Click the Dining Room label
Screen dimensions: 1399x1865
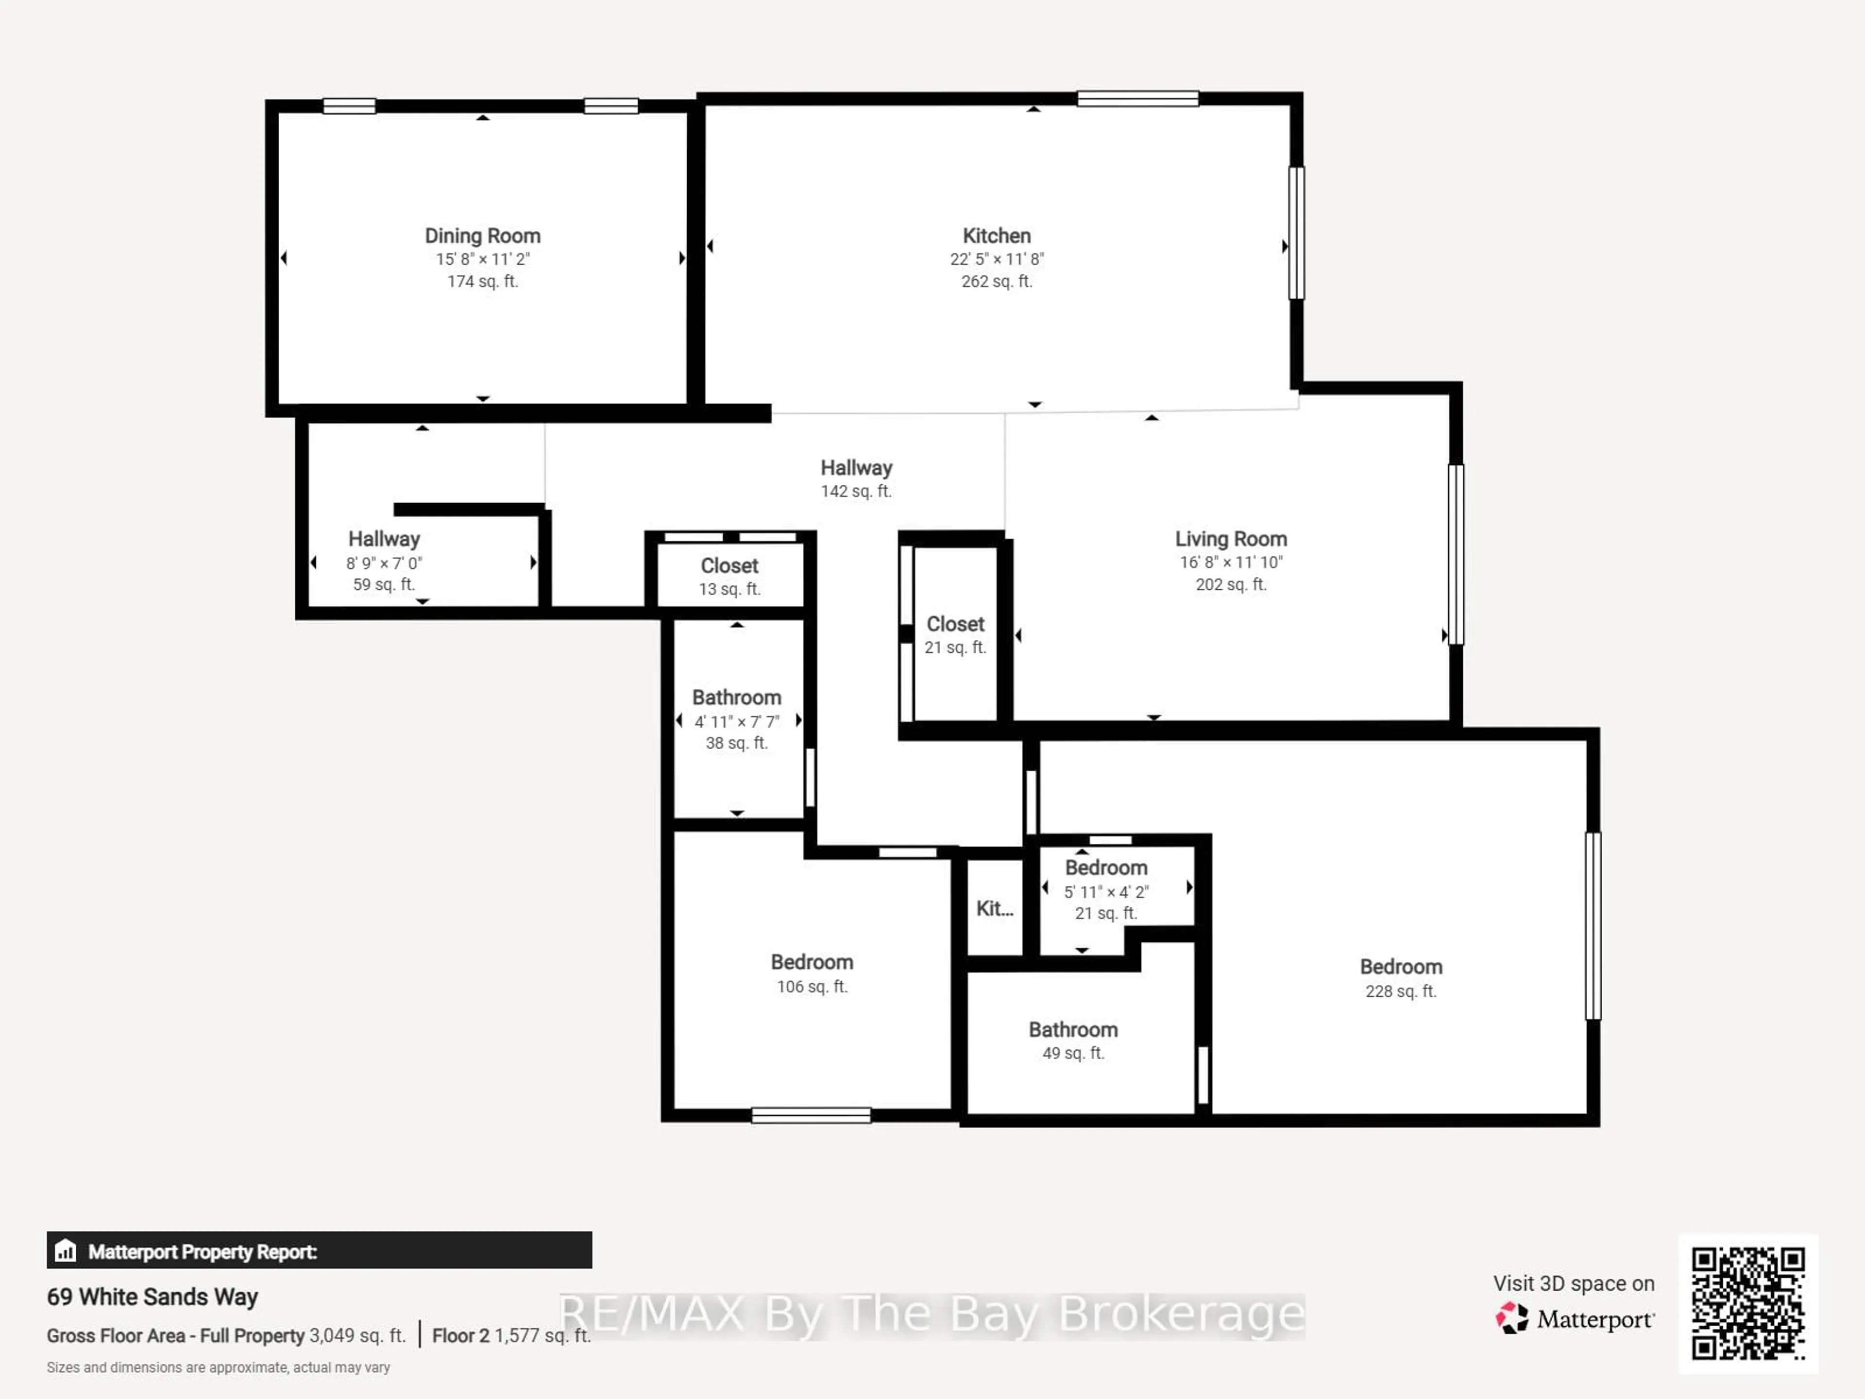(482, 236)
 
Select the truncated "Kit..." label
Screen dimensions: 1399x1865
(994, 909)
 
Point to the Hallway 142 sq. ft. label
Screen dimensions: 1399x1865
(856, 478)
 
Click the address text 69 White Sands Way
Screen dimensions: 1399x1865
(152, 1297)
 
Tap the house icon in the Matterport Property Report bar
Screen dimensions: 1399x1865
(66, 1250)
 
